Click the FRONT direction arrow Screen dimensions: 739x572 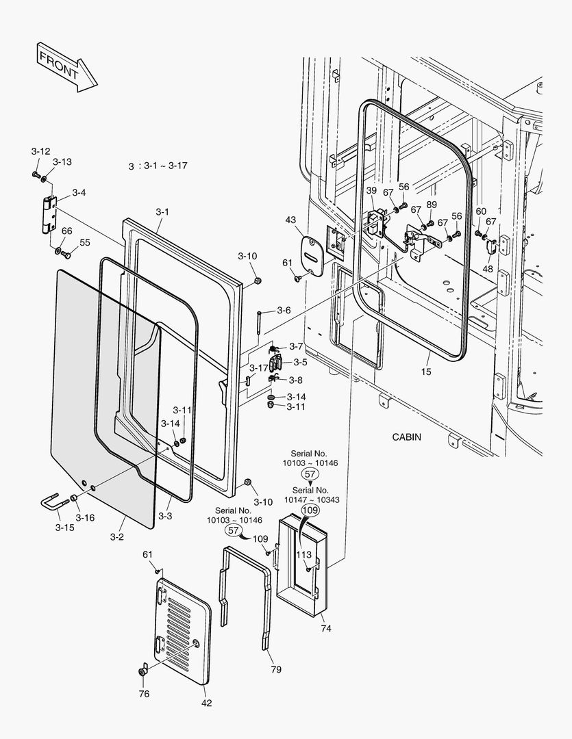pyautogui.click(x=66, y=66)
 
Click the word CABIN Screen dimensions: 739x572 pyautogui.click(x=407, y=437)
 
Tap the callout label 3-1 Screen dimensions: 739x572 pyautogui.click(x=162, y=212)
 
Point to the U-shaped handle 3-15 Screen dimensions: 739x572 pyautogui.click(x=53, y=506)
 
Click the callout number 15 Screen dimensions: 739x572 pyautogui.click(x=427, y=371)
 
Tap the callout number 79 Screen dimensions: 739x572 pyautogui.click(x=275, y=669)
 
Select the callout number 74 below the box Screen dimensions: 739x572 pyautogui.click(x=326, y=628)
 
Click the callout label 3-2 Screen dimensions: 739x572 pyautogui.click(x=116, y=536)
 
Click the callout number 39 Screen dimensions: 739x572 pyautogui.click(x=371, y=190)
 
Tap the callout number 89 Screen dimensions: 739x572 pyautogui.click(x=432, y=205)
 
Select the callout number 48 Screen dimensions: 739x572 pyautogui.click(x=487, y=269)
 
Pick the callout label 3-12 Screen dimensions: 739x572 pyautogui.click(x=40, y=151)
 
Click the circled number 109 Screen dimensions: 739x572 pyautogui.click(x=310, y=510)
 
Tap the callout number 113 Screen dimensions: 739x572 pyautogui.click(x=304, y=555)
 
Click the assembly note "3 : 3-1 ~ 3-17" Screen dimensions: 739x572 pyautogui.click(x=158, y=166)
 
